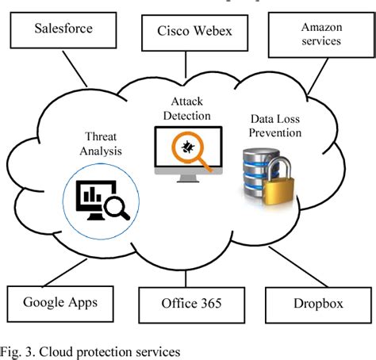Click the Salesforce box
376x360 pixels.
coord(63,30)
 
